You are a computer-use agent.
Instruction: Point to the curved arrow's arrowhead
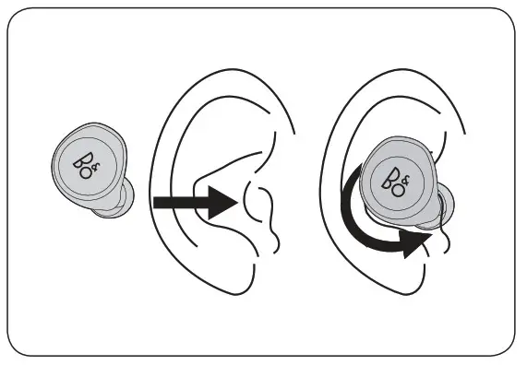tap(420, 241)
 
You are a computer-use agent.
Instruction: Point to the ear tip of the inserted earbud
tap(440, 208)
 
